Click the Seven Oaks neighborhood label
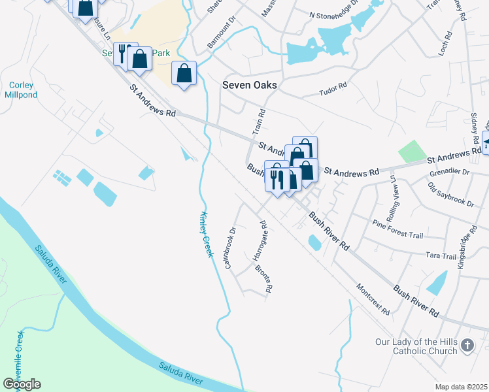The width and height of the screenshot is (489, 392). coord(250,85)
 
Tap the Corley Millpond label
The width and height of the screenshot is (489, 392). coord(21,90)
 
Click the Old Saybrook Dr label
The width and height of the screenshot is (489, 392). coord(450,195)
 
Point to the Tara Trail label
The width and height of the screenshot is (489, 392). coord(441,256)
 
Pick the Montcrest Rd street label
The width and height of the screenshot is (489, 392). coord(373,298)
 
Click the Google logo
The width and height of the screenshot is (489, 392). coord(22,384)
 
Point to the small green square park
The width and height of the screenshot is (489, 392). coord(411,152)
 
